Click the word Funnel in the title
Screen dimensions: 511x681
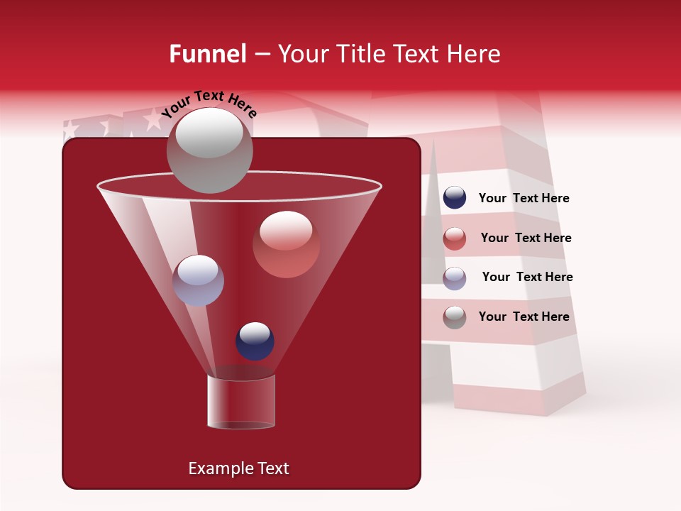tap(207, 54)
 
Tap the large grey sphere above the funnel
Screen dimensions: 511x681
tap(209, 150)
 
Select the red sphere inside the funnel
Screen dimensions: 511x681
tap(287, 244)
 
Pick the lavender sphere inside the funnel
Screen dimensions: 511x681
tap(198, 280)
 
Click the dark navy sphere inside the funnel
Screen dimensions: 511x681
tap(255, 341)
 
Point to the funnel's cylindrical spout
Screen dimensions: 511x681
tap(241, 402)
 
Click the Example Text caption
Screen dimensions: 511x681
tap(238, 468)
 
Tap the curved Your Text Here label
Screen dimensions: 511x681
tap(209, 104)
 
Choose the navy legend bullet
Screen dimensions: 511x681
tap(455, 198)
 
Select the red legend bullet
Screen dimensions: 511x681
tap(455, 238)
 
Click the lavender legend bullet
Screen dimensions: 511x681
tap(455, 278)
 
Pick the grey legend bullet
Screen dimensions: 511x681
tap(455, 317)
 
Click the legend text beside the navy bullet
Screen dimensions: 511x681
tap(524, 199)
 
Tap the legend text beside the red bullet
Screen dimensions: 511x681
tap(526, 238)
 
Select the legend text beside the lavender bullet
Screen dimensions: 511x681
tap(527, 278)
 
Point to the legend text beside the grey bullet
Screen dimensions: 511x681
tap(524, 317)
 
